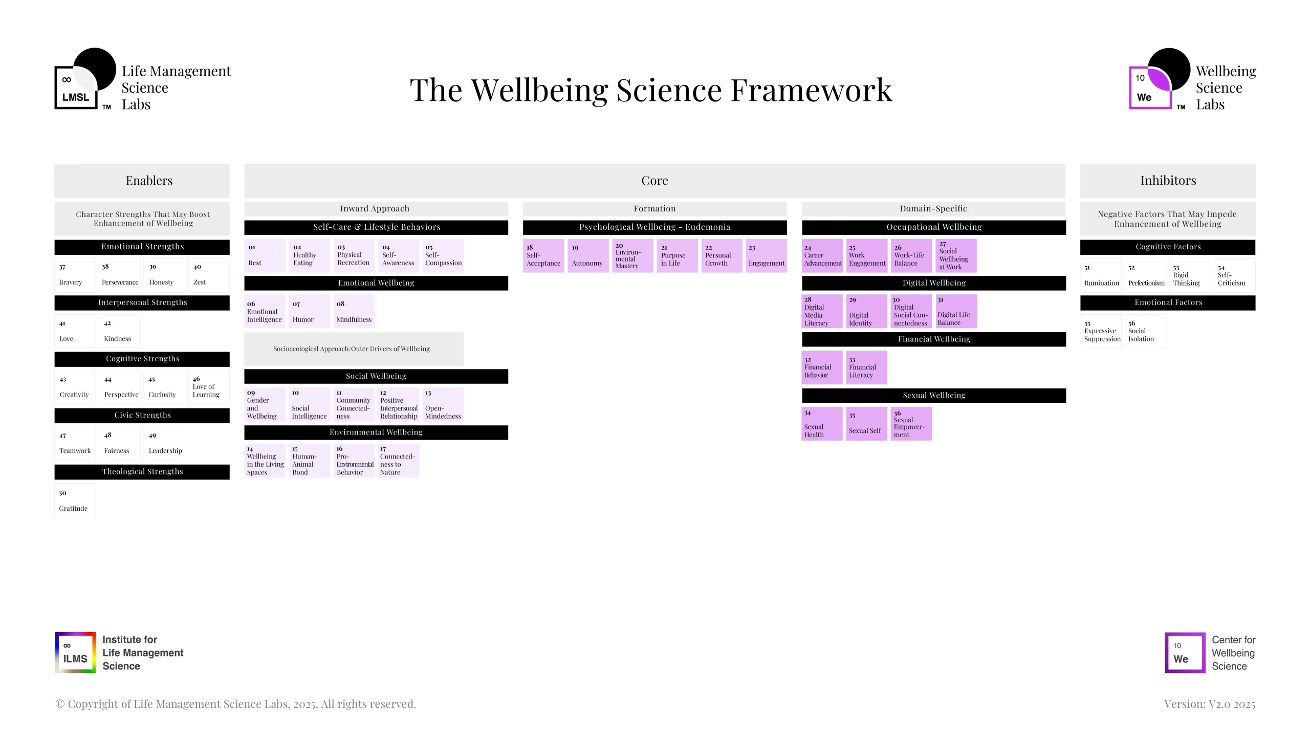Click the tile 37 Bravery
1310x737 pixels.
75,275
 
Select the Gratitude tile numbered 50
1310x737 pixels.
75,501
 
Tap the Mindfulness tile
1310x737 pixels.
354,311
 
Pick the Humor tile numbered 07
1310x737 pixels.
309,311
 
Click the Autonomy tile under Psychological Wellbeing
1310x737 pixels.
587,255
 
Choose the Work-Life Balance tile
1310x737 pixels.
911,255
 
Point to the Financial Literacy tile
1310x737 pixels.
866,367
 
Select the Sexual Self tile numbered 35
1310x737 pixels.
866,423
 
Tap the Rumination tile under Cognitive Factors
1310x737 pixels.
1101,275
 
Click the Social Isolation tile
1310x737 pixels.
1146,331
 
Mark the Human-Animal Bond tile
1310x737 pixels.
309,461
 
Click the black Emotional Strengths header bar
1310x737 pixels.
142,247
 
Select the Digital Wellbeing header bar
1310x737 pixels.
934,283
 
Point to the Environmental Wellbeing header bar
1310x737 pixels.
376,432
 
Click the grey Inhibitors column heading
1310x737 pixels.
1168,181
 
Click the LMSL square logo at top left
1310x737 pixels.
76,87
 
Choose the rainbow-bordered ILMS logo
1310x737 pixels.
75,653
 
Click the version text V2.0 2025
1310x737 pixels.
1210,704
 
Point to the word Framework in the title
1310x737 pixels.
811,91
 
